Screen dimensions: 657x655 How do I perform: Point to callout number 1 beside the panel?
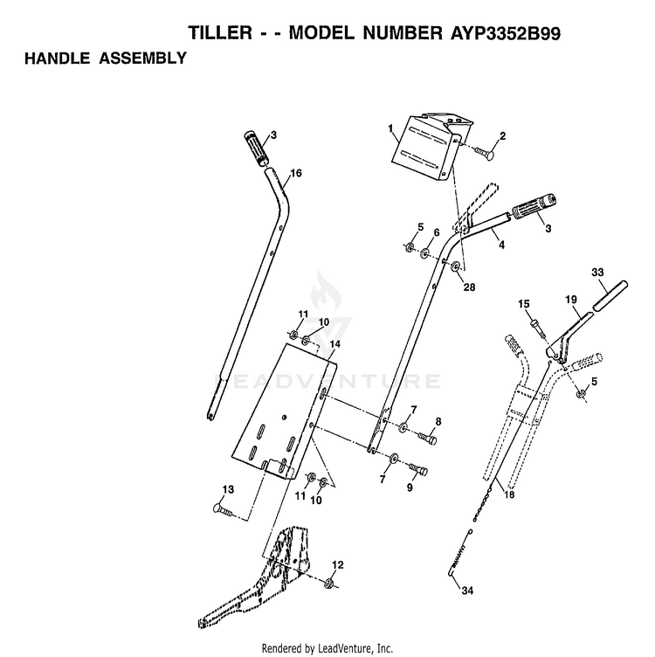click(390, 128)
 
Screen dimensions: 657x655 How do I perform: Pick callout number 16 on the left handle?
click(295, 174)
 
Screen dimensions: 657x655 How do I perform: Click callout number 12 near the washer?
click(337, 564)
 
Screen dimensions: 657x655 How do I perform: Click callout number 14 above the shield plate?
click(334, 344)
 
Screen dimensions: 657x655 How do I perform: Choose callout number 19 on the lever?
click(571, 300)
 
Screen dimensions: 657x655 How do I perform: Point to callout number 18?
click(509, 495)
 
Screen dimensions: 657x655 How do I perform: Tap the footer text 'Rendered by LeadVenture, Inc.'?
click(327, 648)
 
